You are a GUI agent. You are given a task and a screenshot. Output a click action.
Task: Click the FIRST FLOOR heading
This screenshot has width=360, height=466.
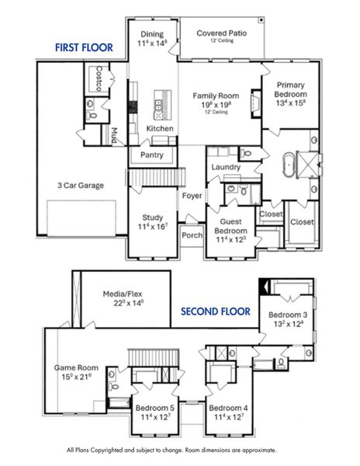coord(83,48)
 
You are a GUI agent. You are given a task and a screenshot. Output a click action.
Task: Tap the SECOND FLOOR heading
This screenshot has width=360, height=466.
coord(216,311)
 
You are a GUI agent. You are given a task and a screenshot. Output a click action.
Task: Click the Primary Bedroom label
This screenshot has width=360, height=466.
coord(289,86)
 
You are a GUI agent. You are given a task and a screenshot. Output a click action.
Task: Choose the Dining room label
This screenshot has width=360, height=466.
coord(152,34)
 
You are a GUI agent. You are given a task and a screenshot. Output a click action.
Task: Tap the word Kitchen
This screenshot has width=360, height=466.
coord(160,128)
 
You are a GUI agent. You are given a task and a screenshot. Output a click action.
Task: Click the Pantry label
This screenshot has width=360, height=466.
coord(151,155)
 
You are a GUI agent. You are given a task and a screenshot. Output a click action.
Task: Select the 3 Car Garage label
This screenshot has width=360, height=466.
coord(81,186)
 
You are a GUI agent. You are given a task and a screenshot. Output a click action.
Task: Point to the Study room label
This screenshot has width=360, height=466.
coord(152,218)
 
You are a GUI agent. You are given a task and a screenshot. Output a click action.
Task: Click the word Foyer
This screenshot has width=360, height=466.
coord(192,195)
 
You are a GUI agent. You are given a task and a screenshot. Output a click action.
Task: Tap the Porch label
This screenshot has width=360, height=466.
coord(191,235)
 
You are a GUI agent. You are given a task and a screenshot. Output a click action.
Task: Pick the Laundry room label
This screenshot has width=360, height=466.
coord(225,167)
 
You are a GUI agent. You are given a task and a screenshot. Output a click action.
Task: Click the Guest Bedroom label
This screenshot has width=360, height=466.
coord(230,225)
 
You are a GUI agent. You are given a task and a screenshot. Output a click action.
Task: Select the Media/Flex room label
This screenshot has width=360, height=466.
coord(124,294)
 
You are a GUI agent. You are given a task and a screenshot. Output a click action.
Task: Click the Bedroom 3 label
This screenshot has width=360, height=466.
coord(288,315)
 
